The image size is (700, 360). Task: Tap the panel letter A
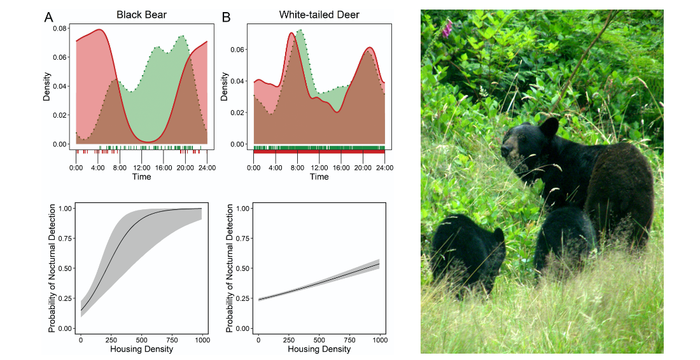[48, 17]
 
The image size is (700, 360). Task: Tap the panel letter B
[226, 17]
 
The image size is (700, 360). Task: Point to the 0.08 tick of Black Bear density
[59, 29]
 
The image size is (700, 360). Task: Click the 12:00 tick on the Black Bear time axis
[141, 168]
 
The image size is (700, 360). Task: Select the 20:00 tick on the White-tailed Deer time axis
[363, 168]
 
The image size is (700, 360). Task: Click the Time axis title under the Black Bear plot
[141, 177]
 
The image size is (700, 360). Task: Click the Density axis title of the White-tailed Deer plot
[224, 85]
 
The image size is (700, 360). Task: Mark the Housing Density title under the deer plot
[319, 349]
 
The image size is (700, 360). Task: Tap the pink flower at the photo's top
[447, 27]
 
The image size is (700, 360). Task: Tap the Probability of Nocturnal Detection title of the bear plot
[52, 268]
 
